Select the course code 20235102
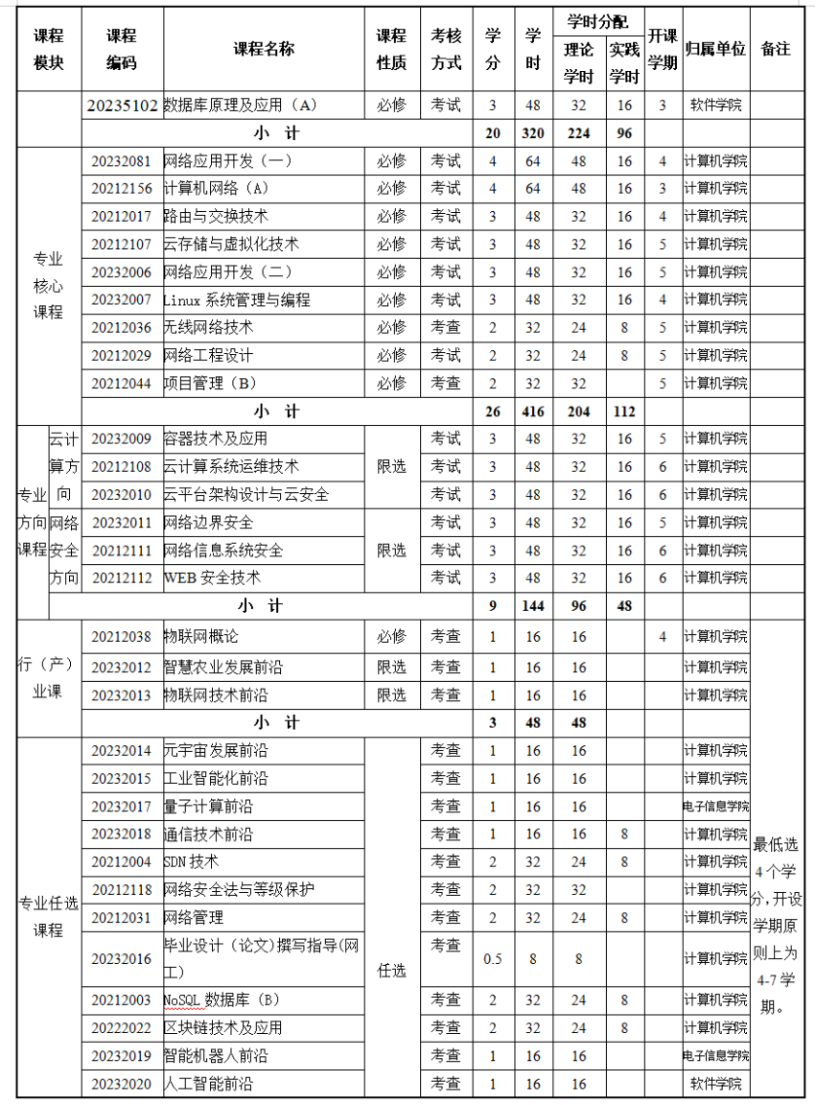coord(122,106)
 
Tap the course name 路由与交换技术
coord(217,216)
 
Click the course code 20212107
coord(122,244)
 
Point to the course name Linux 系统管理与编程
coord(237,299)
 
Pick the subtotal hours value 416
coord(533,411)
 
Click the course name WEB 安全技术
coord(212,578)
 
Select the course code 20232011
coord(122,523)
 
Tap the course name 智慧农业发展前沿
coord(223,667)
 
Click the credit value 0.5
coord(493,958)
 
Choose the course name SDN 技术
coord(192,861)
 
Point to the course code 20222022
coord(122,1027)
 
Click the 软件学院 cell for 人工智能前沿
coord(715,1084)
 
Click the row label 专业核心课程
coord(48,285)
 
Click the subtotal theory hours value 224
coord(579,133)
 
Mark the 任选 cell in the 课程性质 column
coord(392,971)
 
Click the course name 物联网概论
coord(201,637)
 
